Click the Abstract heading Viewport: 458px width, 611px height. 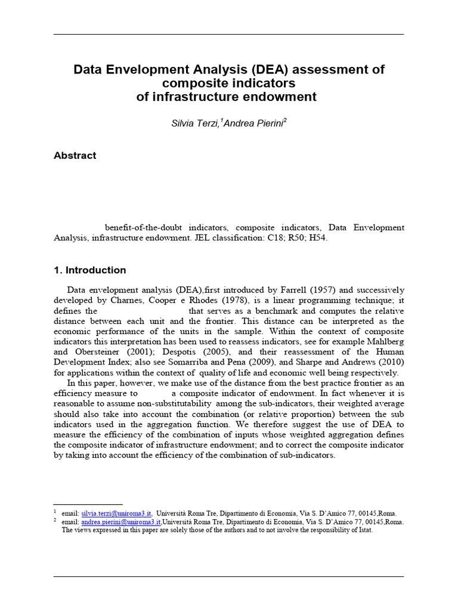click(75, 156)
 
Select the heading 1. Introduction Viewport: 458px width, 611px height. click(89, 270)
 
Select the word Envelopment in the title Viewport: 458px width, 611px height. click(140, 70)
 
